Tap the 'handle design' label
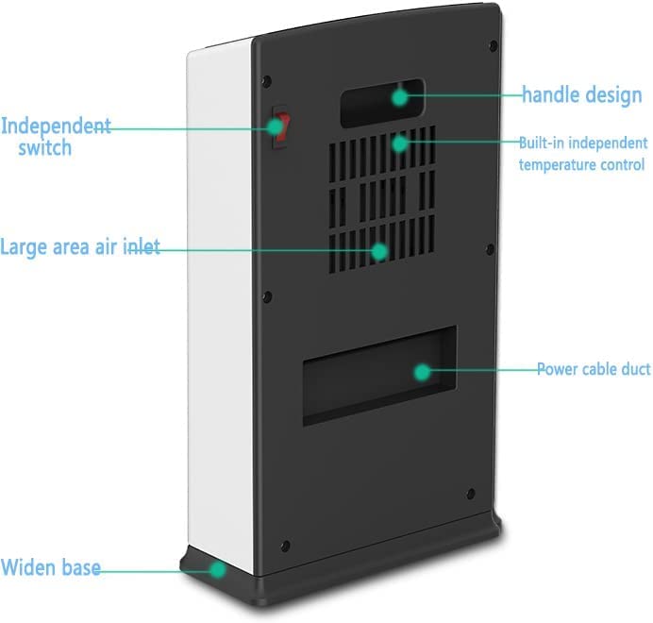pyautogui.click(x=582, y=95)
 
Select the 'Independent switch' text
pyautogui.click(x=55, y=136)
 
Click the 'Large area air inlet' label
pyautogui.click(x=79, y=247)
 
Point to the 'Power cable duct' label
pyautogui.click(x=594, y=369)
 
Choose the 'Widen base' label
pyautogui.click(x=51, y=569)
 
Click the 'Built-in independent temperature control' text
pyautogui.click(x=583, y=154)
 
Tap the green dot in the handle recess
pyautogui.click(x=400, y=95)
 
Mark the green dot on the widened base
pyautogui.click(x=218, y=569)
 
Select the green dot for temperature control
pyautogui.click(x=400, y=143)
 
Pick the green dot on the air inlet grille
pyautogui.click(x=379, y=251)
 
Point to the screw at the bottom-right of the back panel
pyautogui.click(x=470, y=492)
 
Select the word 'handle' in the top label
pyautogui.click(x=552, y=95)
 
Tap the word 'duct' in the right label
pyautogui.click(x=633, y=369)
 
